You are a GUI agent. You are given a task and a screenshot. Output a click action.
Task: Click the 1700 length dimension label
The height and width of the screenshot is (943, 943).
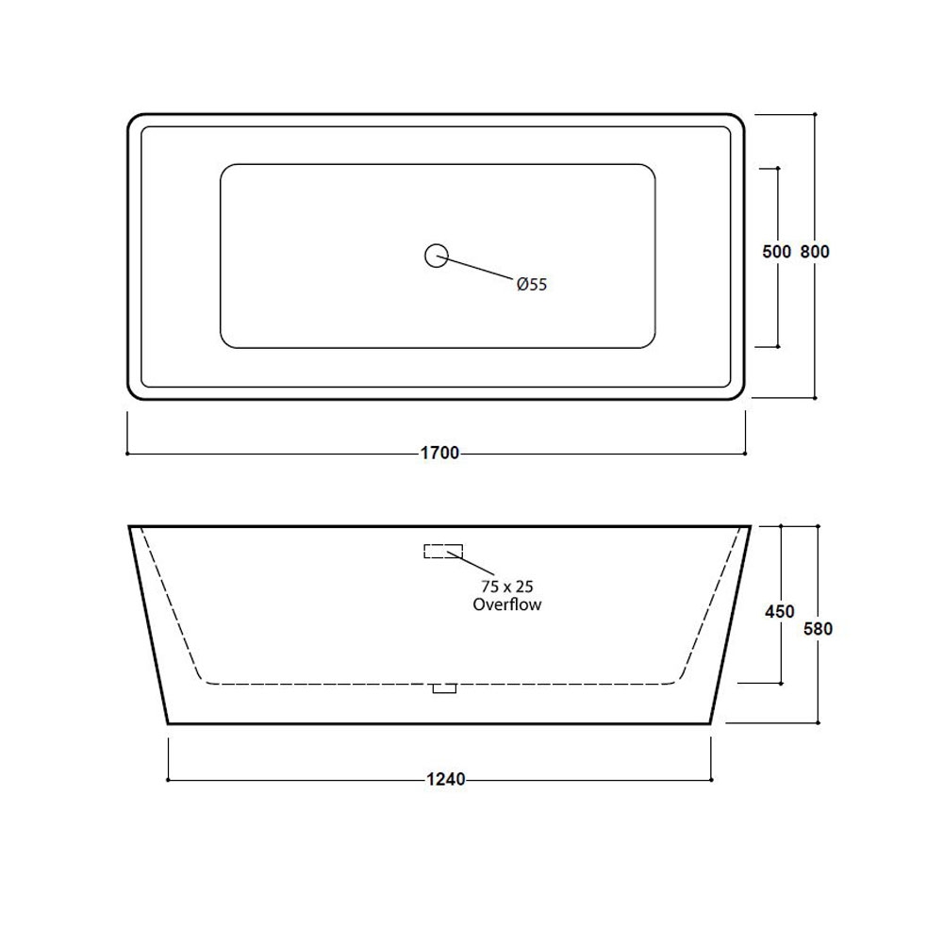(x=439, y=454)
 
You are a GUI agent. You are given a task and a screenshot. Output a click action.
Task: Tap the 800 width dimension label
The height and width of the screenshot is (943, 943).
(x=816, y=253)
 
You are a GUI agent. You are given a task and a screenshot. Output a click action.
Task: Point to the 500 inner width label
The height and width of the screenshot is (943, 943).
(x=776, y=253)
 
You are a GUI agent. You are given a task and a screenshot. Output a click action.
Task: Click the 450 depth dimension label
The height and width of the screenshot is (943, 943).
(x=780, y=612)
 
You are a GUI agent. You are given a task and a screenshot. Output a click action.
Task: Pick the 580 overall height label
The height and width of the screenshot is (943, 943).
(x=818, y=628)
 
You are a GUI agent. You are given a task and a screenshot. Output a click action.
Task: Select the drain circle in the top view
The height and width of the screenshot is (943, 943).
(x=436, y=255)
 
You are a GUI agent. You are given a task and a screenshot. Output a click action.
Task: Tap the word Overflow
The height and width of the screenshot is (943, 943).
(x=507, y=604)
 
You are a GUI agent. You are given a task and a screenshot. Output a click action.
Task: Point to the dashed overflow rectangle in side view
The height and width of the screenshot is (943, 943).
(x=443, y=551)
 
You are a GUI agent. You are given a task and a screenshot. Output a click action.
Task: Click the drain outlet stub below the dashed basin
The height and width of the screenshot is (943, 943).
(x=443, y=688)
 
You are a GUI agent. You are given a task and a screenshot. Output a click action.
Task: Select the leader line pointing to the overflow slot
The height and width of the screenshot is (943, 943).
(x=471, y=562)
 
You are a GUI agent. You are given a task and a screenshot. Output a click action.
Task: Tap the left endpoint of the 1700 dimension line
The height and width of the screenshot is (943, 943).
(x=127, y=454)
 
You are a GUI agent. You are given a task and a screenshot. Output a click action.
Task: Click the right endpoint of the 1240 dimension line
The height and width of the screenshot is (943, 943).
(x=711, y=780)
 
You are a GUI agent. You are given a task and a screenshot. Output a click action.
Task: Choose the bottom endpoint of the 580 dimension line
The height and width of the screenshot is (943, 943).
(x=818, y=723)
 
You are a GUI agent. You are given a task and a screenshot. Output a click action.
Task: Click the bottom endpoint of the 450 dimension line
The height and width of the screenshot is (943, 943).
(x=781, y=682)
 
